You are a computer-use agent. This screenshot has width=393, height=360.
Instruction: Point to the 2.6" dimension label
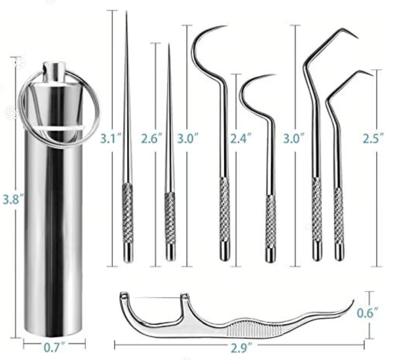tap(152, 138)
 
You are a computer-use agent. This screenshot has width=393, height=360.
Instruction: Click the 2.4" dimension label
tap(241, 138)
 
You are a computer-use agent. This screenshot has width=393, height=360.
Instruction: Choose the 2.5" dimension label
tap(373, 138)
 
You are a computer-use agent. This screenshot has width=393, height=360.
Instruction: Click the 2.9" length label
tap(241, 348)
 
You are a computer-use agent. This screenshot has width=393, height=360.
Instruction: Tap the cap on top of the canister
tap(54, 73)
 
